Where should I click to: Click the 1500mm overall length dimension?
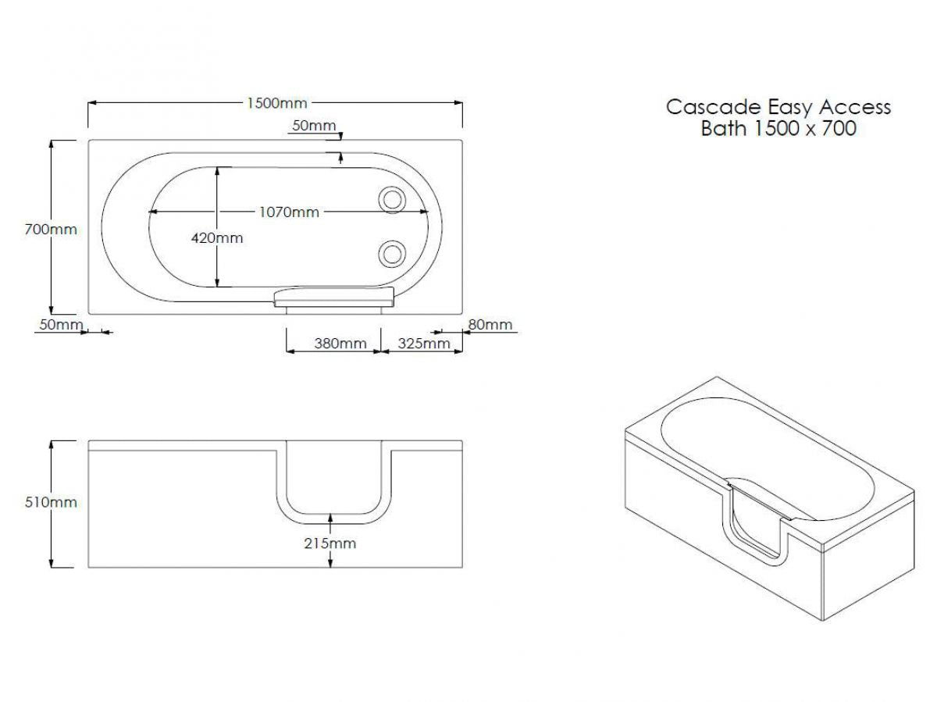277,103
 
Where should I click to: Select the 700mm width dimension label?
51,230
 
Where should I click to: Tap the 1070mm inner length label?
289,212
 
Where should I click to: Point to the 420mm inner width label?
217,237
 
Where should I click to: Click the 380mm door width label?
340,344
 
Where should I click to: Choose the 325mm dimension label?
424,344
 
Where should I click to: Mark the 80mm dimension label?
490,325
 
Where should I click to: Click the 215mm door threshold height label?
330,543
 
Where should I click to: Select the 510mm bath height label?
51,502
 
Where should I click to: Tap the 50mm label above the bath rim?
314,126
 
